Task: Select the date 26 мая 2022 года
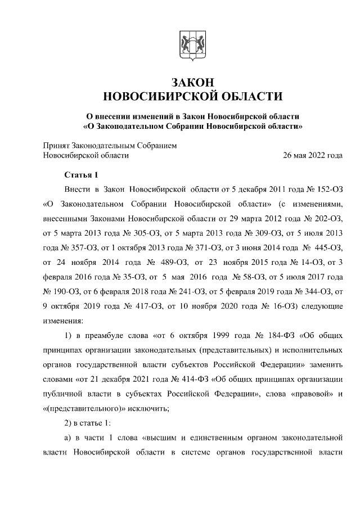[312, 155]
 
